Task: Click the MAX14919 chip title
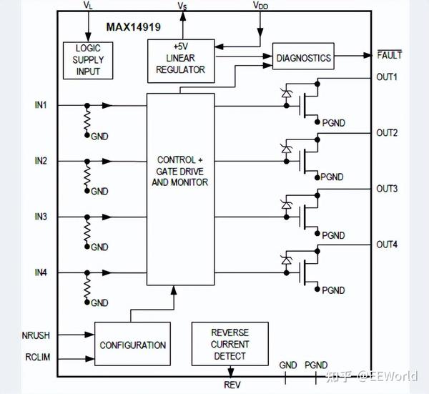pyautogui.click(x=133, y=27)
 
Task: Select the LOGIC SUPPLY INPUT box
pyautogui.click(x=88, y=61)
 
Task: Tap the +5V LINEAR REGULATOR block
pyautogui.click(x=181, y=61)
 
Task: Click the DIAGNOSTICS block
pyautogui.click(x=303, y=56)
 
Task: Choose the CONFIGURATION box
pyautogui.click(x=132, y=344)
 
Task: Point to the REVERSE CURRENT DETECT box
pyautogui.click(x=230, y=344)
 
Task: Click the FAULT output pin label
pyautogui.click(x=390, y=55)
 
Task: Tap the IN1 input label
pyautogui.click(x=41, y=105)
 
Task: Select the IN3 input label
pyautogui.click(x=41, y=217)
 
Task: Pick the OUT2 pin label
pyautogui.click(x=387, y=133)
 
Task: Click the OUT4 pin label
pyautogui.click(x=387, y=245)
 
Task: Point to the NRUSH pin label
pyautogui.click(x=36, y=335)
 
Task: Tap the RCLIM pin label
pyautogui.click(x=37, y=357)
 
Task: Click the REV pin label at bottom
pyautogui.click(x=232, y=385)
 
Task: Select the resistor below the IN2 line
pyautogui.click(x=87, y=176)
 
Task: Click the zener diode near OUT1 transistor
pyautogui.click(x=287, y=94)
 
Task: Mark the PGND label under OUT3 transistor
pyautogui.click(x=333, y=235)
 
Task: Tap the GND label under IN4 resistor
pyautogui.click(x=99, y=302)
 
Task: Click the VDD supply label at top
pyautogui.click(x=260, y=5)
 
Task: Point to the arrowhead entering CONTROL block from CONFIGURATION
pyautogui.click(x=174, y=290)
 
